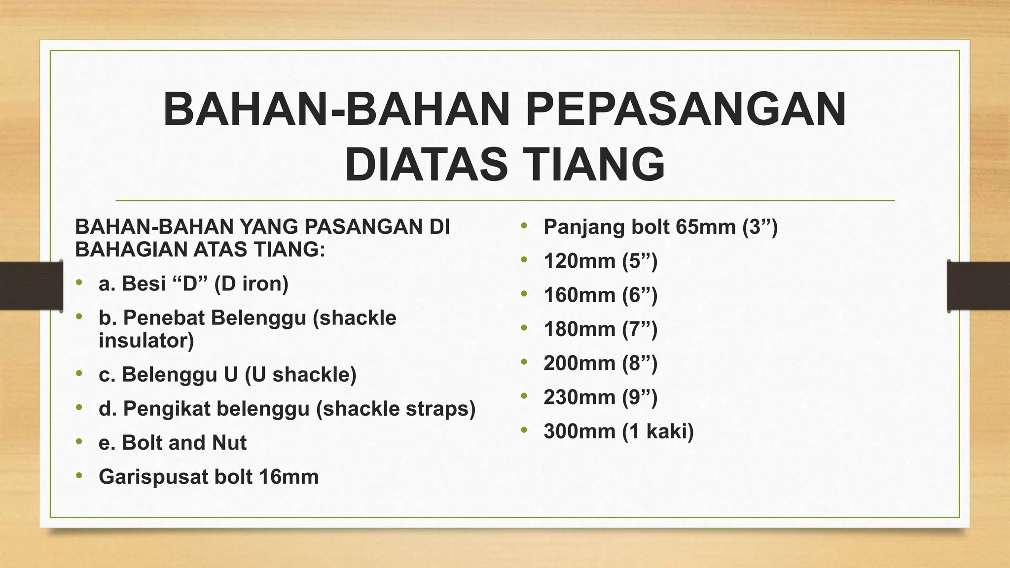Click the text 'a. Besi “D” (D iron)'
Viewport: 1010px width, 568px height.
tap(193, 284)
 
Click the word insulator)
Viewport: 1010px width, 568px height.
tap(146, 341)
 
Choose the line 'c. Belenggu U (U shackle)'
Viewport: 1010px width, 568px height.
tap(227, 375)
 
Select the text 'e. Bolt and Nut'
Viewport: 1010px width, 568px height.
tap(172, 443)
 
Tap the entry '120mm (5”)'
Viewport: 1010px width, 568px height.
tap(600, 261)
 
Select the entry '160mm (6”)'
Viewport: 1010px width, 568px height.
tap(600, 295)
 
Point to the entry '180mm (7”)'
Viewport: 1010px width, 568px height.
tap(600, 329)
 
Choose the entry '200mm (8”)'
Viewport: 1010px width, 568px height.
tap(600, 363)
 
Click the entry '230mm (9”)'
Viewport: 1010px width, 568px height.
tap(600, 397)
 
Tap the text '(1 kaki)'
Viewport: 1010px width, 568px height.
tap(657, 431)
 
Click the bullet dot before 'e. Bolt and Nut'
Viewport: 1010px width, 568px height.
tap(79, 441)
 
